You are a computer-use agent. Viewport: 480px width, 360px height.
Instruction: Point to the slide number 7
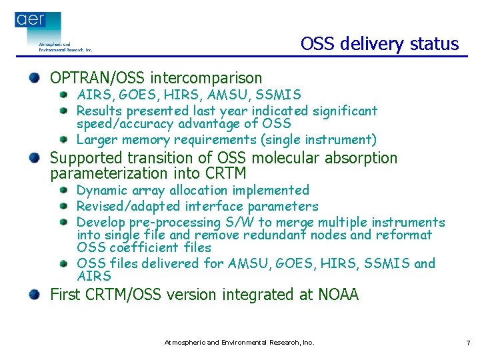(468, 343)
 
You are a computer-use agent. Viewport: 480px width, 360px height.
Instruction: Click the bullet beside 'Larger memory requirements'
(64, 139)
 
